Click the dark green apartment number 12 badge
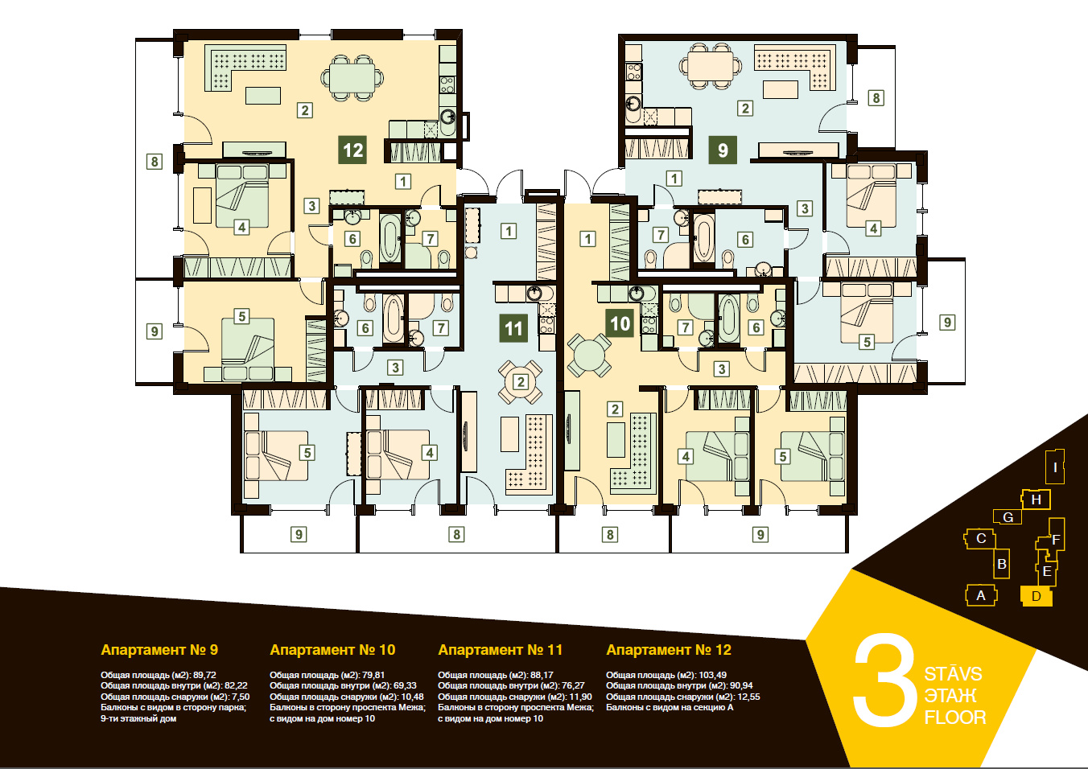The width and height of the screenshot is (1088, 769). click(x=352, y=150)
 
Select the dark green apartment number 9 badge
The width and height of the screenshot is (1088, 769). click(x=723, y=150)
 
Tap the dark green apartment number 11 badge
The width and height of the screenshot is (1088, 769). click(x=513, y=329)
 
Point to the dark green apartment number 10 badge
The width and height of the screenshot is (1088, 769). click(x=620, y=323)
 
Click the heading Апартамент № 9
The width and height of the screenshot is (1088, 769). click(x=159, y=650)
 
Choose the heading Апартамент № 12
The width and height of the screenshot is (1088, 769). click(x=669, y=650)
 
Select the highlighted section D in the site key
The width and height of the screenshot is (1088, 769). click(x=1036, y=596)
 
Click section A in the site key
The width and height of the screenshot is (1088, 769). click(x=981, y=595)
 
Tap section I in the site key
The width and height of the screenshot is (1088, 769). click(x=1055, y=467)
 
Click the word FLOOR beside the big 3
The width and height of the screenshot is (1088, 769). click(x=955, y=717)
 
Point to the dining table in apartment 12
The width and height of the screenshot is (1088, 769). click(x=352, y=78)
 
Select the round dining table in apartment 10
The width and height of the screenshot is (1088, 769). click(x=589, y=355)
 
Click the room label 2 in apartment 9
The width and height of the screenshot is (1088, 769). click(x=745, y=108)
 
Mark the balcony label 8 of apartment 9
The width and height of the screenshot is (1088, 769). click(x=876, y=97)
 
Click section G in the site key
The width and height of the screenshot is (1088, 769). click(x=1008, y=517)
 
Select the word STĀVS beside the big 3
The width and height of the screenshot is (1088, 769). click(x=953, y=674)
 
